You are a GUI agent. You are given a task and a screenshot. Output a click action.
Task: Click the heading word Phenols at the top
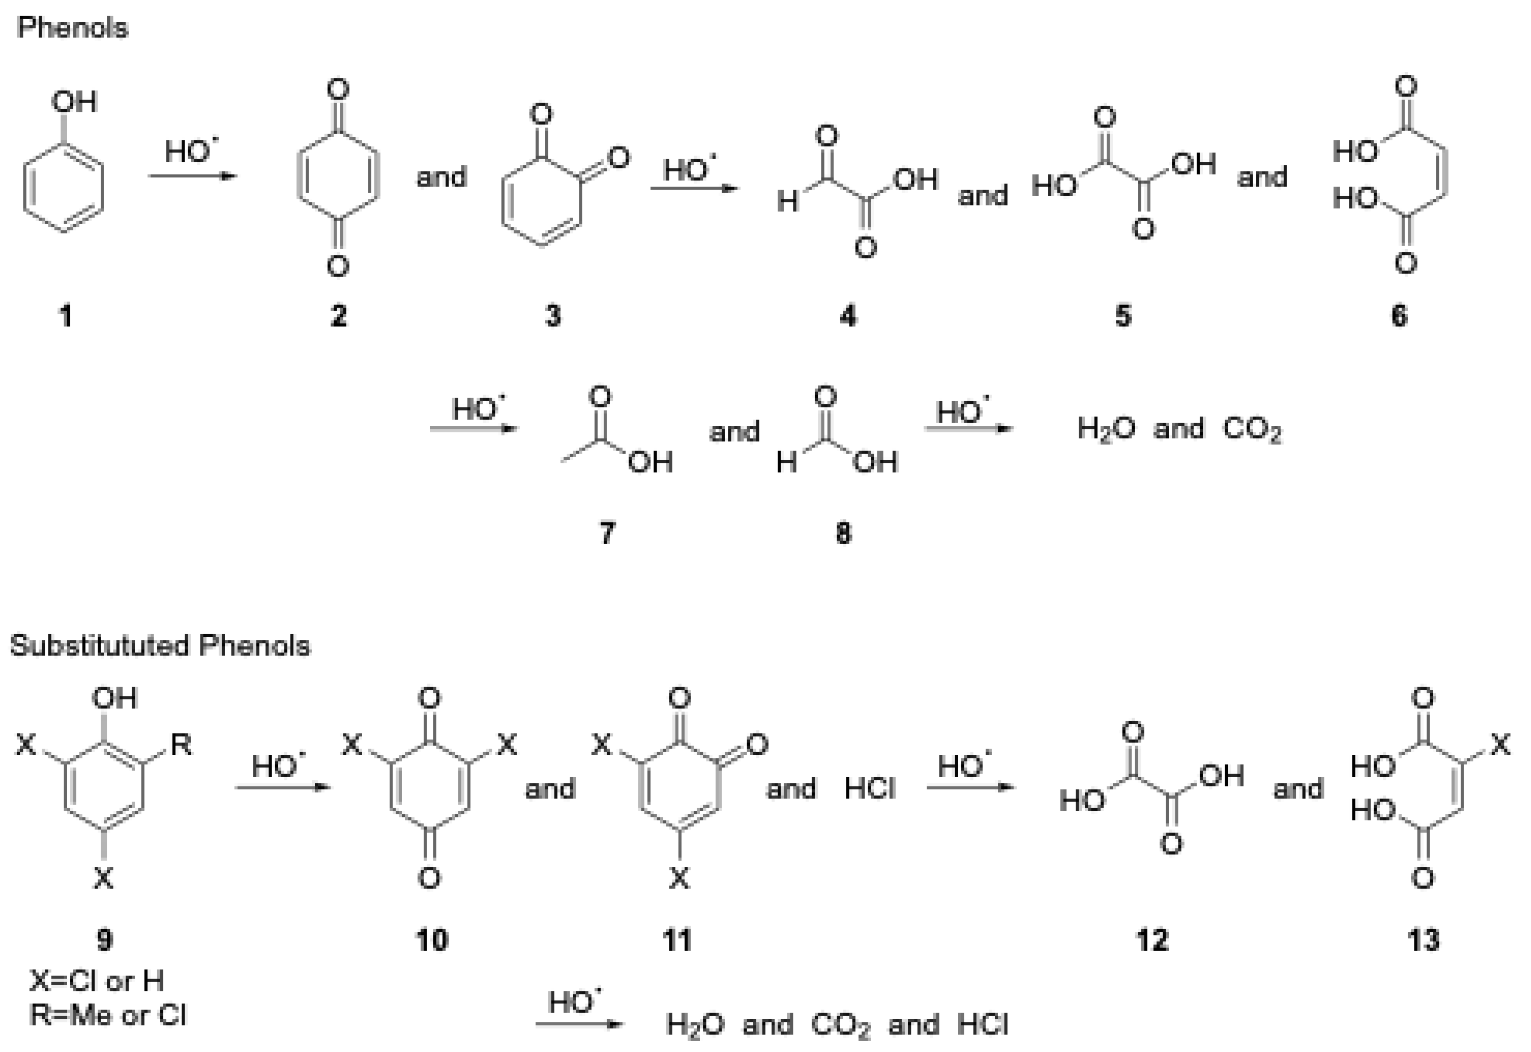(72, 28)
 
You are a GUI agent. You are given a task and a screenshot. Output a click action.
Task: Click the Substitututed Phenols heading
(159, 645)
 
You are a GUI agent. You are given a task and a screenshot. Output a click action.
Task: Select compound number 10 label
(432, 940)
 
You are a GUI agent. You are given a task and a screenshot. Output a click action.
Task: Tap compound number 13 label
(1423, 940)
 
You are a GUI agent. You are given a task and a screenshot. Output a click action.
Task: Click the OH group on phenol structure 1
(74, 102)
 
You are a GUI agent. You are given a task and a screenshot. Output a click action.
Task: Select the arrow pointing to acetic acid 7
(474, 429)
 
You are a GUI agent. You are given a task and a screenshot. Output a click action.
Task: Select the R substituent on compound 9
(181, 746)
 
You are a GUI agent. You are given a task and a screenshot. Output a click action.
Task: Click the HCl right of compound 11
(870, 789)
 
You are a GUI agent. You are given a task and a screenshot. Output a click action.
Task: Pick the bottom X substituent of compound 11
(679, 878)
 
